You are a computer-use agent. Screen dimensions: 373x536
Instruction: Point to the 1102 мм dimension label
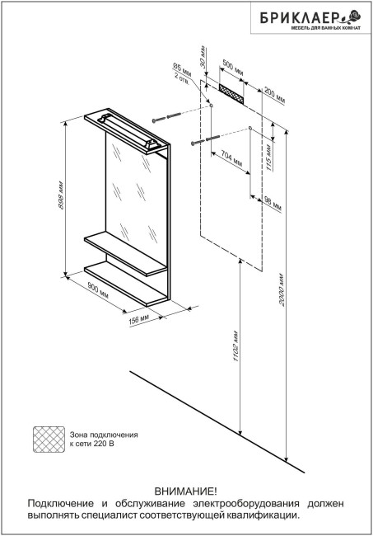pos(235,346)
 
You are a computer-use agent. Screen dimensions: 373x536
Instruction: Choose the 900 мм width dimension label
pos(98,290)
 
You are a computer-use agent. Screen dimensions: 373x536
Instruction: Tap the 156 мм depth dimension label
pos(139,319)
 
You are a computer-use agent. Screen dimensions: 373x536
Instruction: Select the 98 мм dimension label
pos(273,204)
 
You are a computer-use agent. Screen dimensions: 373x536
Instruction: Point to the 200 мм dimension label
pos(275,96)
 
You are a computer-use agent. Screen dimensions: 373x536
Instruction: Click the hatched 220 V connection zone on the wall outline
pos(231,94)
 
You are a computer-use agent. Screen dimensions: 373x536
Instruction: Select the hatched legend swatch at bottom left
pos(49,440)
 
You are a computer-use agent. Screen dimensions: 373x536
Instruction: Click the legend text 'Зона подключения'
pos(104,435)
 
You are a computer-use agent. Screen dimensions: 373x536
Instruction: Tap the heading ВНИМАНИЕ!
pos(185,492)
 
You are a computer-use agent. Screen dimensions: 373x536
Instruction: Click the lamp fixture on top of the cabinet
pos(129,130)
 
